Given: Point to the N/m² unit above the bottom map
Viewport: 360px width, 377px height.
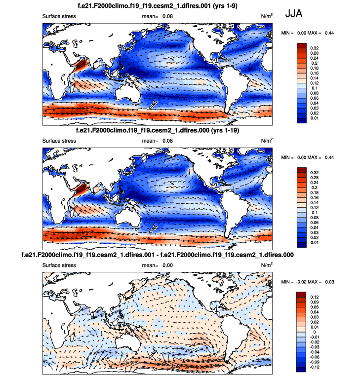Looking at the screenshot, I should pos(267,265).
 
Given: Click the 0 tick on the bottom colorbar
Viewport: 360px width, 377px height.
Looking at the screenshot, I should pos(311,333).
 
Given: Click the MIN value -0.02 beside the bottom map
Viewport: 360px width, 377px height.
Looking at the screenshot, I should pos(305,282).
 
